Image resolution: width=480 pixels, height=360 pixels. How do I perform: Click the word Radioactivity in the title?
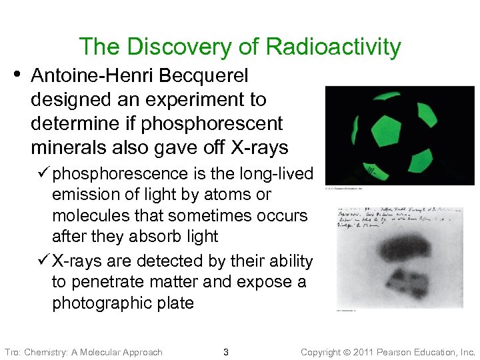tap(333, 47)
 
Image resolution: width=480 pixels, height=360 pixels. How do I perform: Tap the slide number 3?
tap(226, 352)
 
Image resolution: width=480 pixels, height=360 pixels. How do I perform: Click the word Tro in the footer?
tap(12, 352)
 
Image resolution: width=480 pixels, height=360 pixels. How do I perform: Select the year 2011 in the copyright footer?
tap(367, 352)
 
